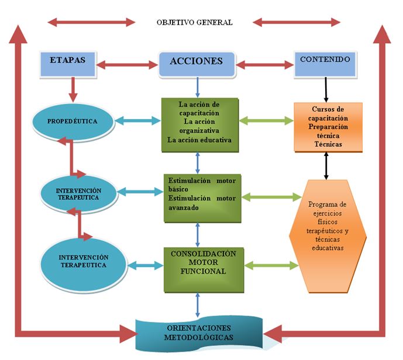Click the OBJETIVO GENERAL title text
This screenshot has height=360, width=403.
[195, 23]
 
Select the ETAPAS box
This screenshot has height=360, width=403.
[68, 64]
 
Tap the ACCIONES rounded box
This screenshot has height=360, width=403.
[197, 64]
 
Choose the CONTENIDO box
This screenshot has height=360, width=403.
[325, 64]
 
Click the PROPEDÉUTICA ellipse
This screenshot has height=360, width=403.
[73, 122]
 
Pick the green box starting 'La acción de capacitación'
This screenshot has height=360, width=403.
[200, 125]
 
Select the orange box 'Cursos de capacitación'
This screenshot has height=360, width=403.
[328, 127]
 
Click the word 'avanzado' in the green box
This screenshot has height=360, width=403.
[184, 207]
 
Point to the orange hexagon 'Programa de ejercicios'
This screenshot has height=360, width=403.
[328, 236]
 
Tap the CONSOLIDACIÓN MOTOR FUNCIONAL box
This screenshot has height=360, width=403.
[204, 269]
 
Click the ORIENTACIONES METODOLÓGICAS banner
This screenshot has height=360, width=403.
[199, 333]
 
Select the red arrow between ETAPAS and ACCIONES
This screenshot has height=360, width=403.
[127, 64]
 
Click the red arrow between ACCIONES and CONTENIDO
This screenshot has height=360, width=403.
[265, 64]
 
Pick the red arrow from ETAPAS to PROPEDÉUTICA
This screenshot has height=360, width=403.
[73, 89]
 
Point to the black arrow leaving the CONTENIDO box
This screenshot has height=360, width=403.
[326, 89]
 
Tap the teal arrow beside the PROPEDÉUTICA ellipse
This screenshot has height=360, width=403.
[138, 121]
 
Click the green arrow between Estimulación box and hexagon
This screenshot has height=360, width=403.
[271, 197]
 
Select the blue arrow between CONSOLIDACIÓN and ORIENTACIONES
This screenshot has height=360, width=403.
[197, 305]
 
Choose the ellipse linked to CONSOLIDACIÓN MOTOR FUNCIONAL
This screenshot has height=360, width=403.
[84, 265]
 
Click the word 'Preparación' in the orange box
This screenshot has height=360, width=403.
[328, 127]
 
